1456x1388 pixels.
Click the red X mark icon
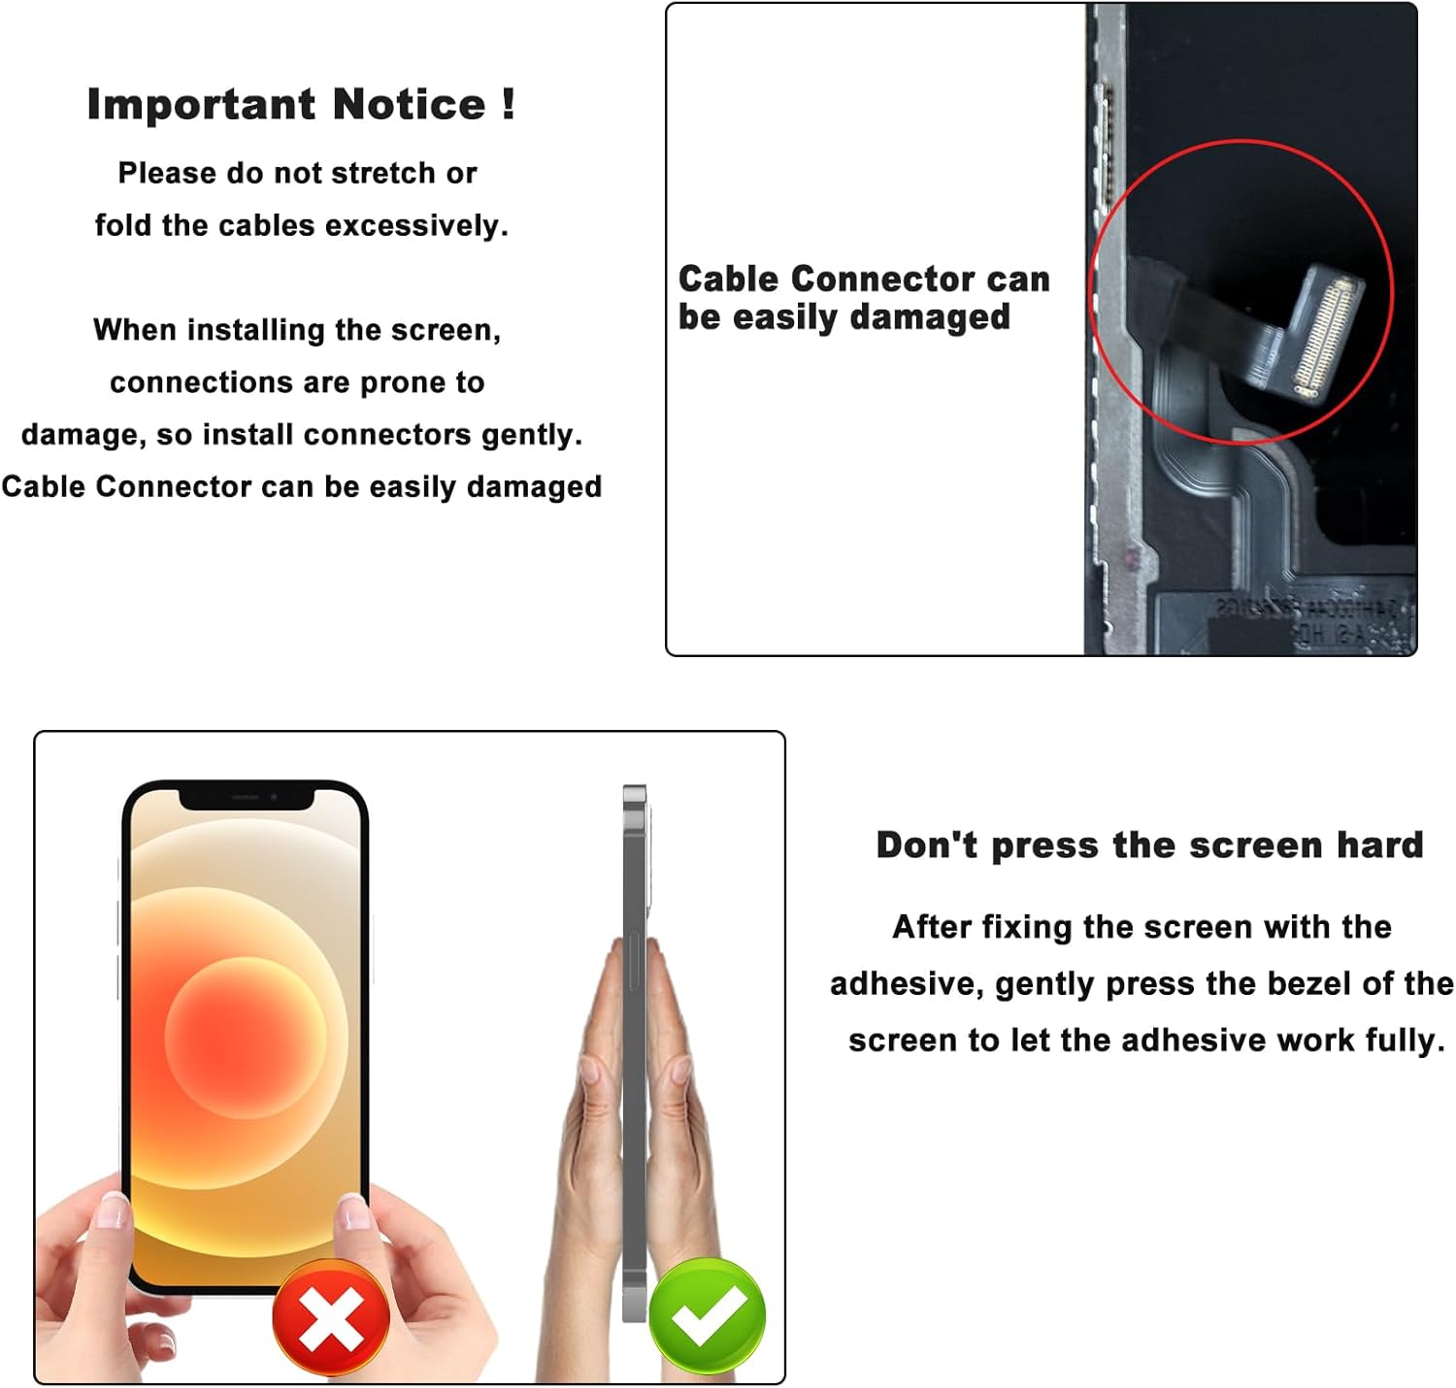(331, 1317)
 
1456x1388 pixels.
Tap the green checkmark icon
(708, 1315)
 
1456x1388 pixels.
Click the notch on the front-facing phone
(247, 798)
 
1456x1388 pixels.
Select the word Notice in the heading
(409, 105)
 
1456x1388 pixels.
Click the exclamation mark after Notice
(509, 103)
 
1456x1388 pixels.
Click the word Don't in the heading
(927, 845)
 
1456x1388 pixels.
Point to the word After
(932, 927)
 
